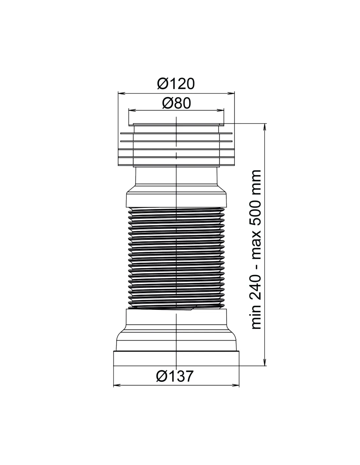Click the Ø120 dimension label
click(176, 84)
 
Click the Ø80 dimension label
click(176, 103)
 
